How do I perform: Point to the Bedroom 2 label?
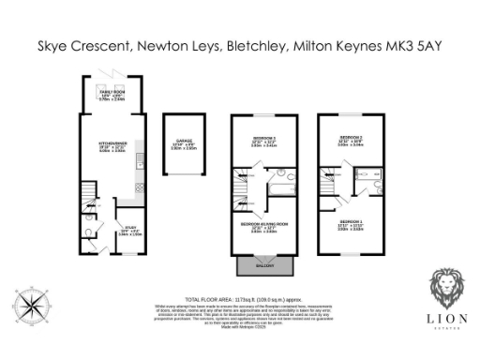pos(349,141)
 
